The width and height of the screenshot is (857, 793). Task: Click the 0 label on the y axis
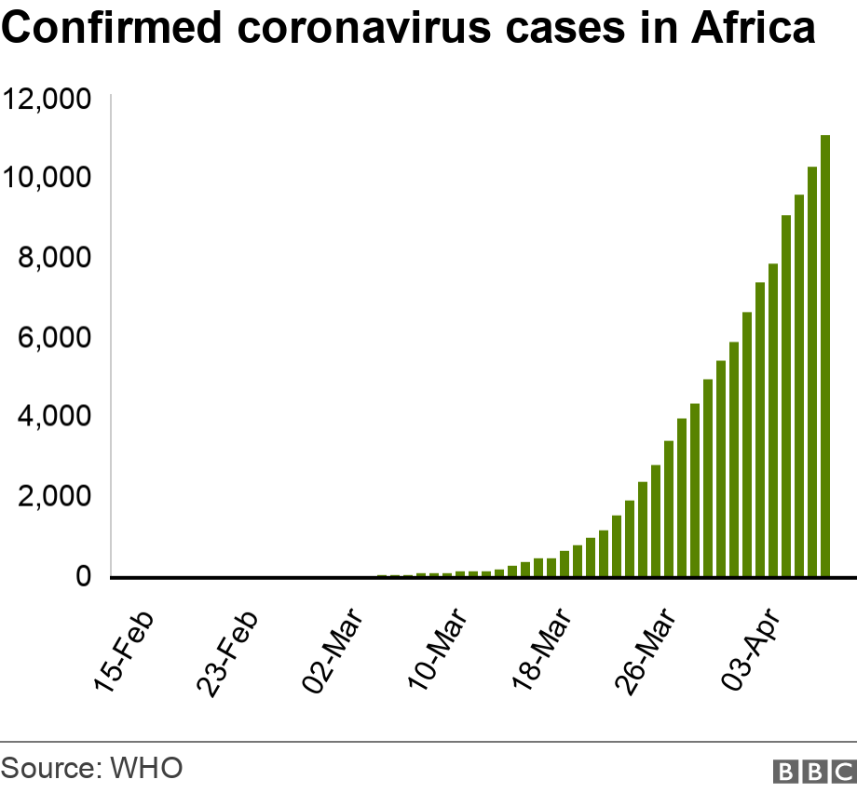84,576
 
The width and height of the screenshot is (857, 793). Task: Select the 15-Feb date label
124,652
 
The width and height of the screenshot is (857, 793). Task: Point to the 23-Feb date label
228,652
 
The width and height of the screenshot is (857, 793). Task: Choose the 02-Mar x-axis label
333,652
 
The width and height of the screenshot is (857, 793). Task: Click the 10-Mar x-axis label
438,652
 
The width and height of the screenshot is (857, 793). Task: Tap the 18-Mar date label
542,652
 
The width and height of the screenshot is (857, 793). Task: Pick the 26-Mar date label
646,652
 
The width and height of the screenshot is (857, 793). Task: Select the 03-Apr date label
753,652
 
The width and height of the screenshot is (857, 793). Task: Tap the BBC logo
814,771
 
